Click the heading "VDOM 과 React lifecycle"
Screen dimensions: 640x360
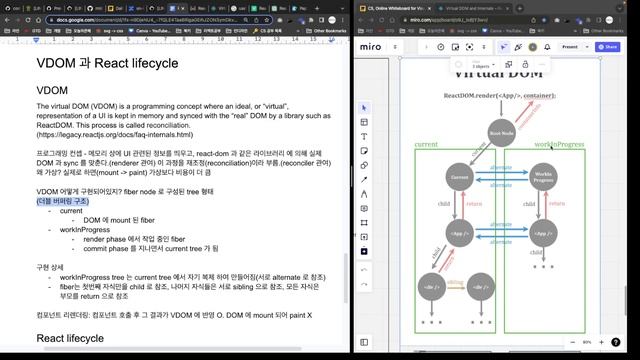tap(107, 63)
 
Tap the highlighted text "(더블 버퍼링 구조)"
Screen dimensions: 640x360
tap(62, 200)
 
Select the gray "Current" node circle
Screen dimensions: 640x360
tap(460, 177)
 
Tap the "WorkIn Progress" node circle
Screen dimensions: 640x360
tap(543, 177)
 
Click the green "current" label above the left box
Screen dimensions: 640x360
tap(427, 145)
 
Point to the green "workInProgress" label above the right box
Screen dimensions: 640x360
tap(558, 145)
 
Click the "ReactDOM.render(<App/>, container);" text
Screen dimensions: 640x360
tap(500, 96)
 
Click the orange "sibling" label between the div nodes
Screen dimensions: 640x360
tap(455, 283)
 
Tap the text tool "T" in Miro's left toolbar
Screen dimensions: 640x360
tap(364, 136)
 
